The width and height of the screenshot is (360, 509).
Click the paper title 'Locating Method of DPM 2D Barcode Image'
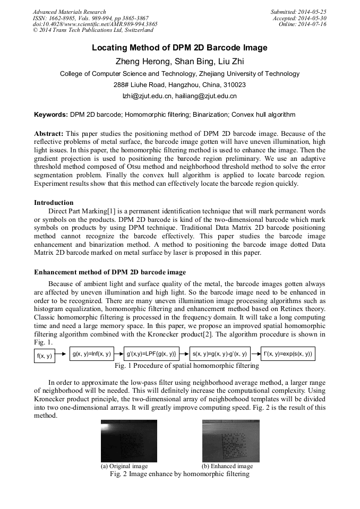point(179,48)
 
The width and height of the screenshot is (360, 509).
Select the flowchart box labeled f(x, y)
point(45,356)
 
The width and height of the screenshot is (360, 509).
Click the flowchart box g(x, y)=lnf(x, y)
point(92,353)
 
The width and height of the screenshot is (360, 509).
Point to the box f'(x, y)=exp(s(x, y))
point(288,353)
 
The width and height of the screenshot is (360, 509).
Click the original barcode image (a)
point(129,441)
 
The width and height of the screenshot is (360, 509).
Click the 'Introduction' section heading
point(54,202)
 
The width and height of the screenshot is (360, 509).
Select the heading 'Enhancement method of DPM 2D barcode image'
point(110,272)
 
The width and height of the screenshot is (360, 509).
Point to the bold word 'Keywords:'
point(51,114)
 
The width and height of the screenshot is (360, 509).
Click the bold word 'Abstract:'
point(49,133)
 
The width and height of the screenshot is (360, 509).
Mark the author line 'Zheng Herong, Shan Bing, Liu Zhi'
point(179,61)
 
